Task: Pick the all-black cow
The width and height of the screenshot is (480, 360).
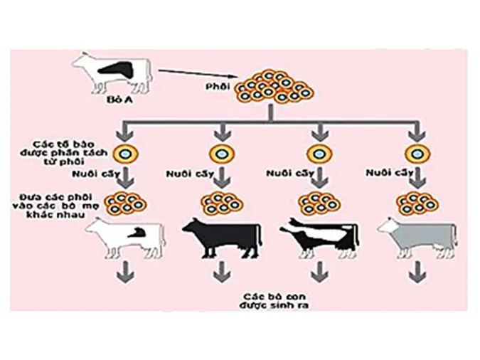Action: [x=222, y=236]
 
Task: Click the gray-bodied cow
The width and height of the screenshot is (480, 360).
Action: [x=416, y=236]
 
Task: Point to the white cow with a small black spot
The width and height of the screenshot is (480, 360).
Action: [x=126, y=236]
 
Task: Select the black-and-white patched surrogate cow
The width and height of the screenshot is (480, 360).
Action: [x=319, y=235]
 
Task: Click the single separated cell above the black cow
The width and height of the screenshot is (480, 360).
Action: [x=221, y=153]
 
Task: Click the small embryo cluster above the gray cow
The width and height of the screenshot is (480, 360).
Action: [x=416, y=203]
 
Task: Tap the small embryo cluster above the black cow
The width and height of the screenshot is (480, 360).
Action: [x=222, y=203]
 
